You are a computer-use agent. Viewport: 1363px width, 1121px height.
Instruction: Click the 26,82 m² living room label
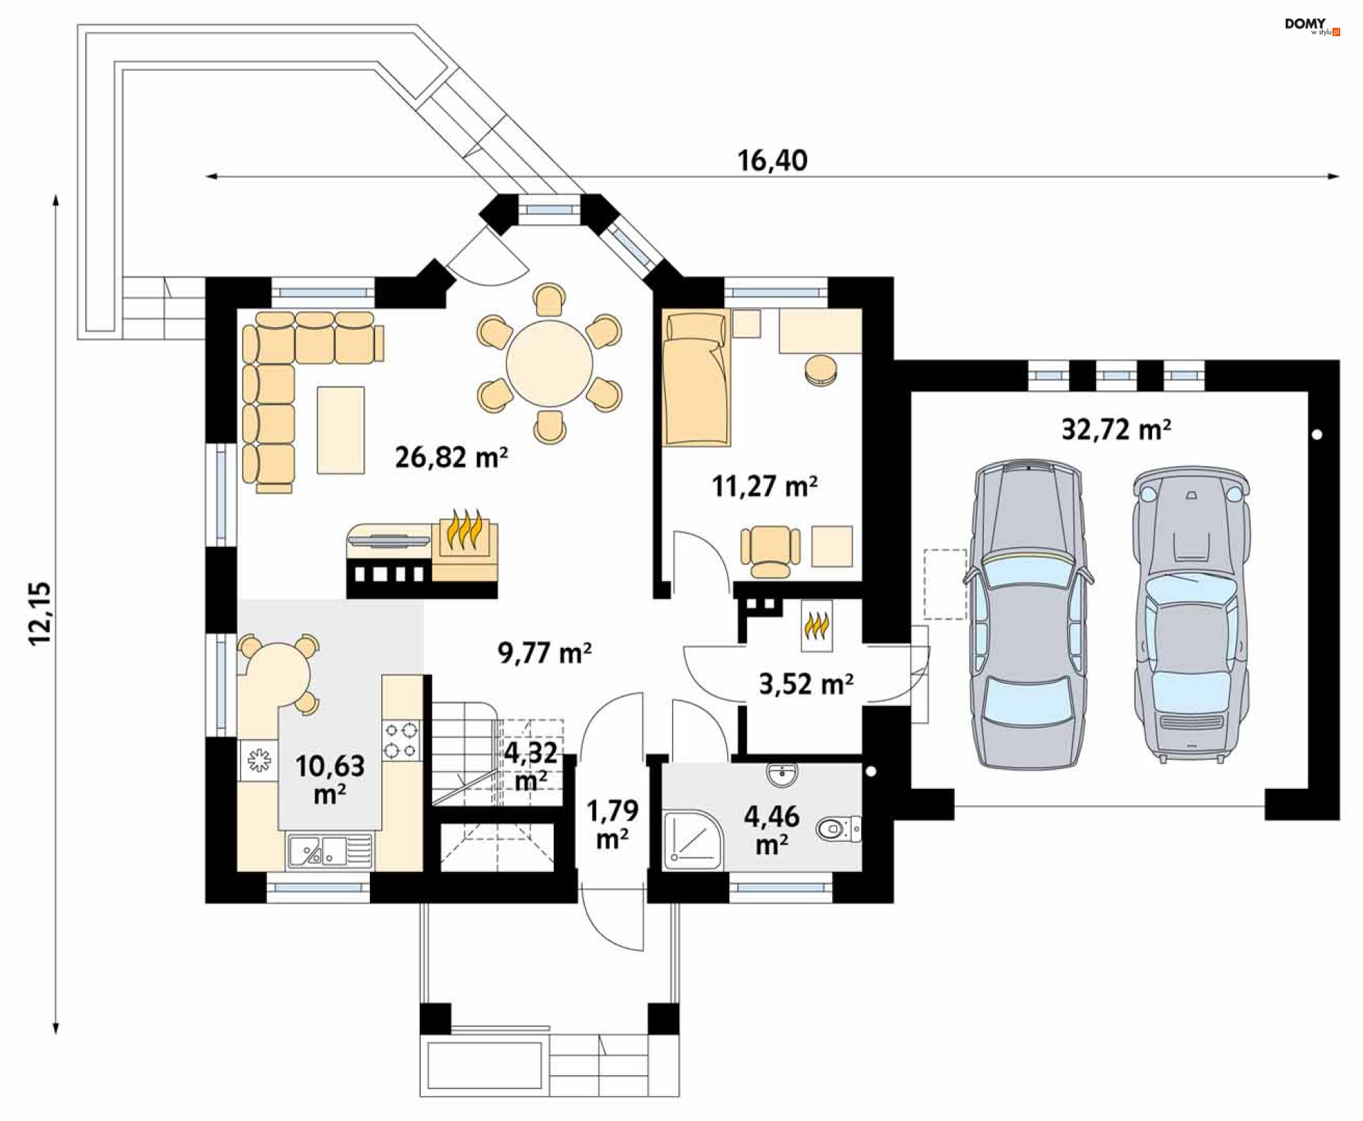click(x=451, y=457)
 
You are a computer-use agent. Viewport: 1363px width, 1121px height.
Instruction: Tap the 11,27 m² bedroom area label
click(x=765, y=486)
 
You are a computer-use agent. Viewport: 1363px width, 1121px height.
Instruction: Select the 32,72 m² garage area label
click(x=1116, y=429)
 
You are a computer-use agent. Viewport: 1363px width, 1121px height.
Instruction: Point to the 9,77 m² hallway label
click(x=544, y=652)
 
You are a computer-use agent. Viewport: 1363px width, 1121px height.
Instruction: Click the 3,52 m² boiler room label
click(x=806, y=684)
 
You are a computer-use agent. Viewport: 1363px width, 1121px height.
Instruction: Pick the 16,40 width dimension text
click(x=772, y=160)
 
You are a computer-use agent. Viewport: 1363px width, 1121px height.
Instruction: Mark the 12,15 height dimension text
click(x=40, y=613)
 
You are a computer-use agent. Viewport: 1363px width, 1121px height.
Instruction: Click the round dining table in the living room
click(x=549, y=363)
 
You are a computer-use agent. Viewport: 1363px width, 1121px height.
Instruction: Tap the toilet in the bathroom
click(x=838, y=828)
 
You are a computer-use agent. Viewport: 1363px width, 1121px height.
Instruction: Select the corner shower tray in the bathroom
click(x=694, y=839)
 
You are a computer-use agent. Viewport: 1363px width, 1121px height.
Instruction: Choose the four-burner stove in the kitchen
click(x=401, y=740)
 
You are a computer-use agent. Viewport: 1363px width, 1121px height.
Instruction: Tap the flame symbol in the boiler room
click(x=816, y=626)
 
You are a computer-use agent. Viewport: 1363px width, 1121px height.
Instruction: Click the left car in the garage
click(x=1027, y=614)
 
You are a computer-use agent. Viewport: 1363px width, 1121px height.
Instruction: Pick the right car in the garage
click(x=1190, y=614)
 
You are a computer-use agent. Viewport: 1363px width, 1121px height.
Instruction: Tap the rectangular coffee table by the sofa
click(x=341, y=430)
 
